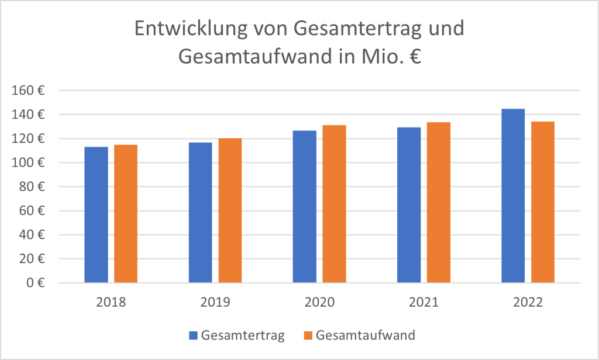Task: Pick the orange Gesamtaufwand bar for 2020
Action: tap(334, 204)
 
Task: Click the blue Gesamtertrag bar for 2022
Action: tap(513, 196)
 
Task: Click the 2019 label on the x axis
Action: tap(215, 303)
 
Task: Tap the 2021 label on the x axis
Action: tap(424, 303)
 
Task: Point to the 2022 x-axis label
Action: tap(528, 303)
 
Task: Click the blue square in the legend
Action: tap(194, 335)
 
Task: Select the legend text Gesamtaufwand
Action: tap(365, 335)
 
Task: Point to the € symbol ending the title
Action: tap(415, 57)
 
